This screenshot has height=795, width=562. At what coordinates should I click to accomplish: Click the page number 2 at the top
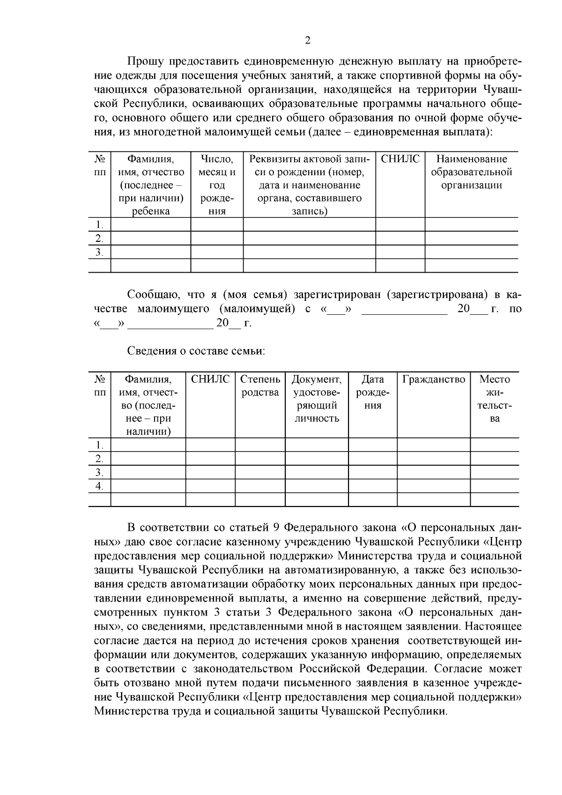pyautogui.click(x=307, y=40)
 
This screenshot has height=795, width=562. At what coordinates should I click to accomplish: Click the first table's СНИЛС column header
pyautogui.click(x=400, y=159)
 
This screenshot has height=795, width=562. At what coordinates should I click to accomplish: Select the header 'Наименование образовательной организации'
pyautogui.click(x=471, y=172)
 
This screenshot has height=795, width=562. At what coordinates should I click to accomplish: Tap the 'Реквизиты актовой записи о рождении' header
pyautogui.click(x=309, y=185)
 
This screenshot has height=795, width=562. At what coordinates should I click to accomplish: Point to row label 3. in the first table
pyautogui.click(x=99, y=252)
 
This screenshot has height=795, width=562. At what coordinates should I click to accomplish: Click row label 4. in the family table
pyautogui.click(x=99, y=486)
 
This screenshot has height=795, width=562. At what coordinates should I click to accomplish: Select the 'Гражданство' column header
pyautogui.click(x=434, y=379)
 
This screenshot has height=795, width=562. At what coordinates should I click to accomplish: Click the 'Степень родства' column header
pyautogui.click(x=260, y=386)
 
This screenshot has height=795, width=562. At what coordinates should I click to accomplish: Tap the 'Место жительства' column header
pyautogui.click(x=495, y=399)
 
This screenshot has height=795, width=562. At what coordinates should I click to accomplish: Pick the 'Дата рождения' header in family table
pyautogui.click(x=373, y=392)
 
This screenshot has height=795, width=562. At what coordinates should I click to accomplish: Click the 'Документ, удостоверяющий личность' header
pyautogui.click(x=317, y=399)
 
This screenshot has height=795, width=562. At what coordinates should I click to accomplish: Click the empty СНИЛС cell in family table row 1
pyautogui.click(x=210, y=445)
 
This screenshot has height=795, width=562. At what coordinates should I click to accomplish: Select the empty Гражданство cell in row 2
pyautogui.click(x=434, y=458)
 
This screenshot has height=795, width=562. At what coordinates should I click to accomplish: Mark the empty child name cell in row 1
pyautogui.click(x=150, y=224)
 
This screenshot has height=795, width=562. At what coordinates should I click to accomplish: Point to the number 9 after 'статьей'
pyautogui.click(x=276, y=528)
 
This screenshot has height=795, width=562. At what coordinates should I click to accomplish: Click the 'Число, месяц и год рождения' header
pyautogui.click(x=217, y=185)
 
